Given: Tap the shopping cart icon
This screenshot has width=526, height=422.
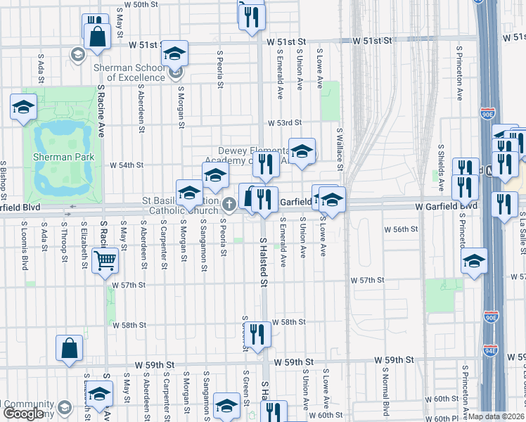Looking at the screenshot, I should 105,262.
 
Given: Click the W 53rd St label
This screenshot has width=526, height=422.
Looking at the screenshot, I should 283,123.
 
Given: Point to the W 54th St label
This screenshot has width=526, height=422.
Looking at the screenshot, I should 127,165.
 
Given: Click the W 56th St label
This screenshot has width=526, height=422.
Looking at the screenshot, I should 400,229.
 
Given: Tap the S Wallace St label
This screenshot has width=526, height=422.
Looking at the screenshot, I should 340,148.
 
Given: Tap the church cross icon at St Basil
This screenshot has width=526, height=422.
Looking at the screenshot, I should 229,205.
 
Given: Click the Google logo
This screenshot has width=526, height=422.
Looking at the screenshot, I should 24,414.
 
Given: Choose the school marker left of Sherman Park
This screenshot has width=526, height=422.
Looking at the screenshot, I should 23,108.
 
